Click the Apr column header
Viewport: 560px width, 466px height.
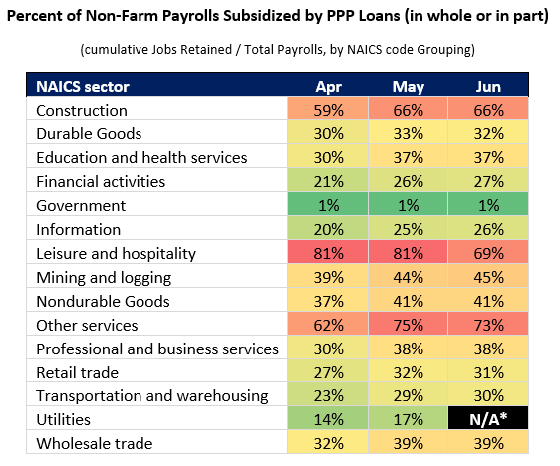[x=328, y=87]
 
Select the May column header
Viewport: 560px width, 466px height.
[x=409, y=87]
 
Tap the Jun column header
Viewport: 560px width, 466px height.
[x=488, y=87]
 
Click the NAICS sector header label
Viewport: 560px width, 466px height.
[x=83, y=87]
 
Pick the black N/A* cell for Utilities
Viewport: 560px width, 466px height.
[x=488, y=418]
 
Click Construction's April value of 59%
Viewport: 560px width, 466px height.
[x=328, y=109]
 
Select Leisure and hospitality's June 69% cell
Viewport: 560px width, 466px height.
[x=488, y=252]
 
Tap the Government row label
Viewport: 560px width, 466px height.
[x=81, y=206]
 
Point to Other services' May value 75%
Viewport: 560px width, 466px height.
[x=408, y=324]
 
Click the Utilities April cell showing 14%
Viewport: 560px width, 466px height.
[x=328, y=418]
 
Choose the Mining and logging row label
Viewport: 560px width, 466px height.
[x=104, y=278]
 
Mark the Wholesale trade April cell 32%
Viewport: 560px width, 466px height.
[x=328, y=442]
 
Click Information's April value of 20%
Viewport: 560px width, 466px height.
[x=328, y=228]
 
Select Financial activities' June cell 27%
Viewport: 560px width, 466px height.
[x=488, y=180]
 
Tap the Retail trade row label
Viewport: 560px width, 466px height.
[x=77, y=372]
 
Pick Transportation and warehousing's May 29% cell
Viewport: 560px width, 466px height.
[x=408, y=394]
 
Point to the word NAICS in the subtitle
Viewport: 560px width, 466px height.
[x=362, y=49]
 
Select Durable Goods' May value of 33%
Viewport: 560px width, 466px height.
[x=408, y=132]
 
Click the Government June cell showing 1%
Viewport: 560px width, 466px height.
[x=488, y=204]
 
